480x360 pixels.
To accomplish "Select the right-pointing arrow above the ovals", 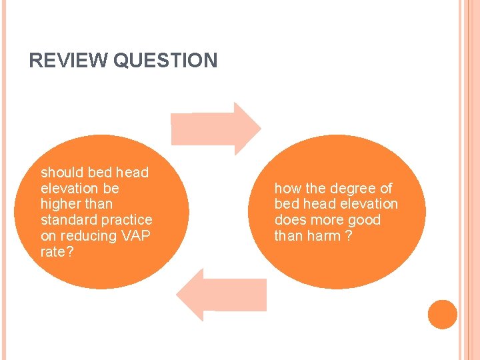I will [x=216, y=127].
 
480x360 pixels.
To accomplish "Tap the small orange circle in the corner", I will [x=442, y=314].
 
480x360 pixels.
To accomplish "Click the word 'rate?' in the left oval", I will [x=56, y=252].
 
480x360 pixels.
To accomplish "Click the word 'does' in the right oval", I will [x=289, y=220].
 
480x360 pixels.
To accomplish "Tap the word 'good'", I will [x=363, y=220].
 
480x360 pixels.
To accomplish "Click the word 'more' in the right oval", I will [x=326, y=220].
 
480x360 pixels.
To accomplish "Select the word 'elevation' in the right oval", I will [x=369, y=204].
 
